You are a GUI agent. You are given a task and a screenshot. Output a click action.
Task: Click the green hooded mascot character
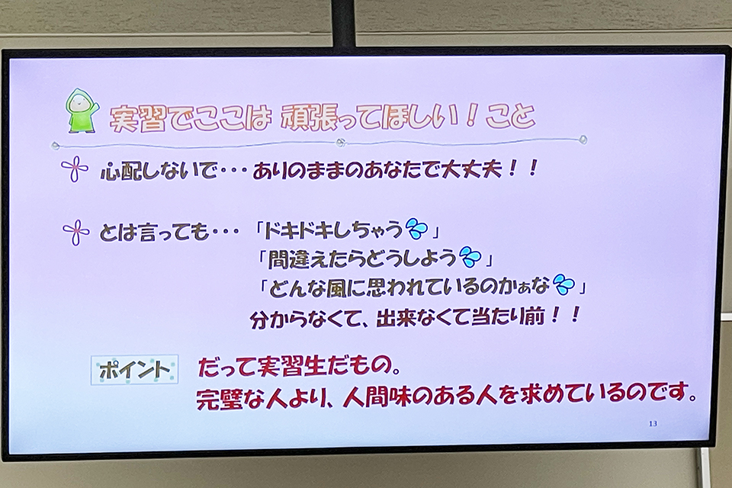pos(82,111)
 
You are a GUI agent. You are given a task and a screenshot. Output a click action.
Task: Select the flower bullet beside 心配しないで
pos(75,169)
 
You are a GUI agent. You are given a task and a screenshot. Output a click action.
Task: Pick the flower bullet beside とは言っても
pos(76,232)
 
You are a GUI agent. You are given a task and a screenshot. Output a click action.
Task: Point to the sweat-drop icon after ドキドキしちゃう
pos(417,229)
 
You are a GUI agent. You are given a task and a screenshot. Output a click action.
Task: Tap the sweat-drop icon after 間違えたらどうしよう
pos(470,257)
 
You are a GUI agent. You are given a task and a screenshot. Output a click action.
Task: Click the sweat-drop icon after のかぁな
pos(563,284)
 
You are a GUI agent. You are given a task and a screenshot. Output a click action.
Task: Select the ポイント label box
pos(134,370)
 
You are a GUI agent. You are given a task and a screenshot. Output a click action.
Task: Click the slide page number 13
pos(653,423)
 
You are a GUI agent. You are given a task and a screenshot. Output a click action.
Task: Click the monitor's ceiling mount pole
pos(343,23)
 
